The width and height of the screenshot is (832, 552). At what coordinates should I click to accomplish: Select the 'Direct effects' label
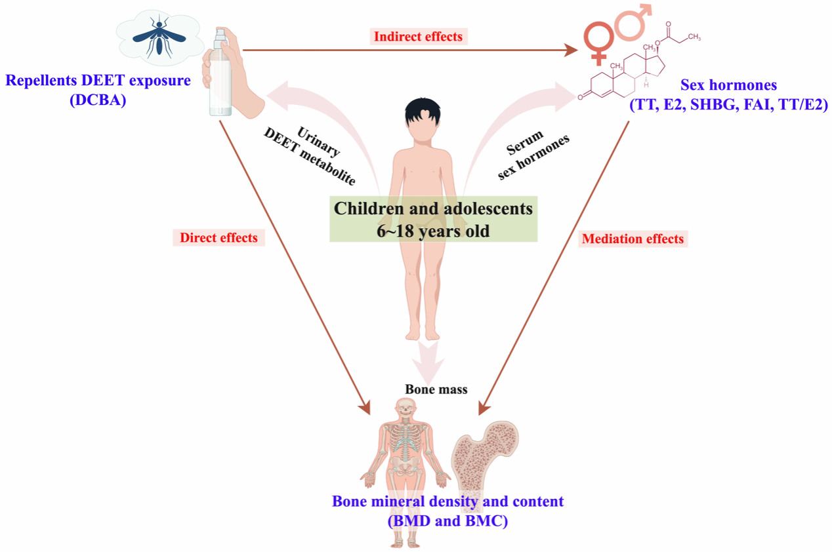218,237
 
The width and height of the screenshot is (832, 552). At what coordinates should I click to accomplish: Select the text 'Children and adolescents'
433,208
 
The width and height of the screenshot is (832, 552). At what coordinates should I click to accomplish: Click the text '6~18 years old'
433,230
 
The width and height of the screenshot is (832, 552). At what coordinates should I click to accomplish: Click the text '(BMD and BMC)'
448,521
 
